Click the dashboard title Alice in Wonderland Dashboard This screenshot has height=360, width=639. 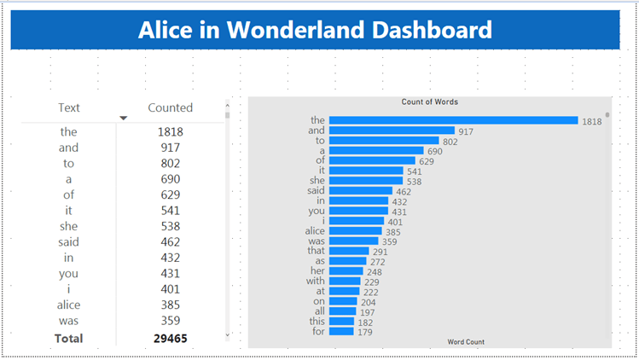[315, 31]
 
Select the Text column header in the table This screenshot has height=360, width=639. [69, 107]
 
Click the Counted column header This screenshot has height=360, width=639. [171, 107]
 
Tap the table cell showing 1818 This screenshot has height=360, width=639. [171, 132]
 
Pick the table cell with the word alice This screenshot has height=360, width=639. [68, 305]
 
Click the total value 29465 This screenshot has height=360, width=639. [171, 338]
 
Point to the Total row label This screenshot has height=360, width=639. [68, 338]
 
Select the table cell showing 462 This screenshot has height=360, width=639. [171, 242]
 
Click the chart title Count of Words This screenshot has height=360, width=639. [430, 102]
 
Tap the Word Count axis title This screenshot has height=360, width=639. [466, 342]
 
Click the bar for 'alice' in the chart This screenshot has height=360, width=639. [356, 231]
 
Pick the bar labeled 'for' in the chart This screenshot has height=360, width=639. [341, 331]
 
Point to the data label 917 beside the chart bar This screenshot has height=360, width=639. [466, 131]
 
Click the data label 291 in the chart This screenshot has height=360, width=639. [380, 252]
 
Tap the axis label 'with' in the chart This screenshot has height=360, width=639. [316, 281]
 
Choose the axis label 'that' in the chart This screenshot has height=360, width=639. [316, 251]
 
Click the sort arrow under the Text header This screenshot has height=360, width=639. [124, 118]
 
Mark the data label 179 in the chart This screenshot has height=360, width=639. [365, 331]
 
